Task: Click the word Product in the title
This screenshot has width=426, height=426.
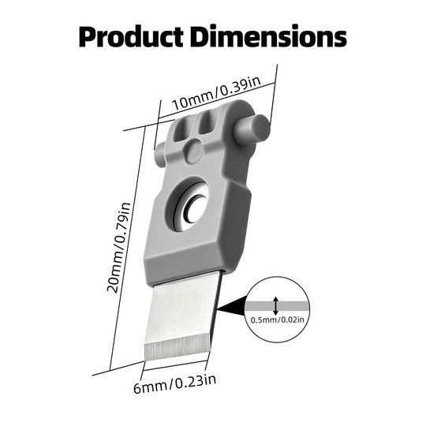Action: click(x=131, y=36)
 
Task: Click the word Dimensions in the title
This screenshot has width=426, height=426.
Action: click(x=268, y=36)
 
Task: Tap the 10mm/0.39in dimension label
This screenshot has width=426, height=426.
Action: click(x=216, y=92)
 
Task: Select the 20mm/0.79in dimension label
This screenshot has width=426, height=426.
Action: click(x=119, y=247)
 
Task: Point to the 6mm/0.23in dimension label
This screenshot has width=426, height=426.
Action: click(x=174, y=383)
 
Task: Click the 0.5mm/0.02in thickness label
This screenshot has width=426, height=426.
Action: click(x=278, y=319)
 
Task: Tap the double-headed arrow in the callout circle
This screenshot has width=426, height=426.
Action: click(x=276, y=306)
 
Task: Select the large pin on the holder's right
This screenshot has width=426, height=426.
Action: click(x=252, y=128)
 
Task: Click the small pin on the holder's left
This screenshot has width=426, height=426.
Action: click(x=159, y=154)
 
